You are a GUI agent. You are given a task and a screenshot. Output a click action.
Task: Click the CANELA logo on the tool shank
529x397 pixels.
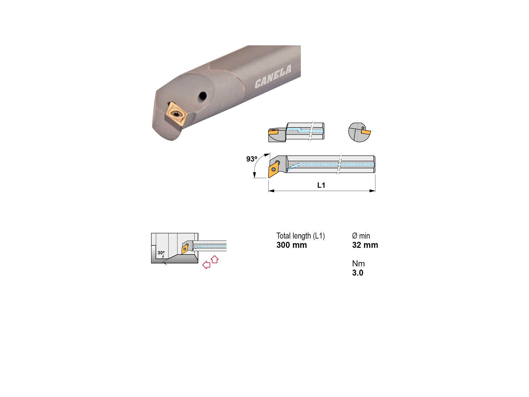pos(273,76)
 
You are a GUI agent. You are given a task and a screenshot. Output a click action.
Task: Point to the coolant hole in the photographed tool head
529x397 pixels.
pos(202,96)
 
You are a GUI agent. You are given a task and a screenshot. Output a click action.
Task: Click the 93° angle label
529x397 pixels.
pos(252,159)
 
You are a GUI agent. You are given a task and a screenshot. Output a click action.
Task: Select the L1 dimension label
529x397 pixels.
pos(321,185)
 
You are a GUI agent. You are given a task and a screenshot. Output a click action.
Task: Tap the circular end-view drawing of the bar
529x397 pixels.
pos(359,132)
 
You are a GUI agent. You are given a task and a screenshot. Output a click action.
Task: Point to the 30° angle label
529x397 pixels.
pos(161,253)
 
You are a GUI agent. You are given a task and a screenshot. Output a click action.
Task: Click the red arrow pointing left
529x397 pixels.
pos(206,265)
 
